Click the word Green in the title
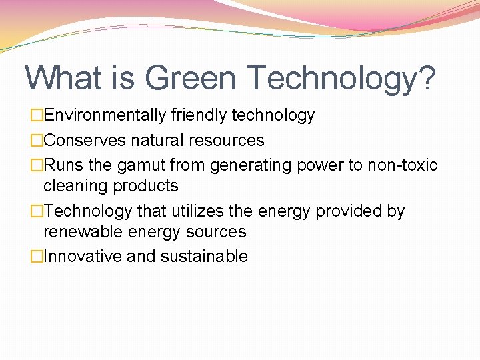(x=190, y=78)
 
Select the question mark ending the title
(x=425, y=78)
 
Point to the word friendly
(x=199, y=115)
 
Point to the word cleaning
(x=73, y=186)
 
